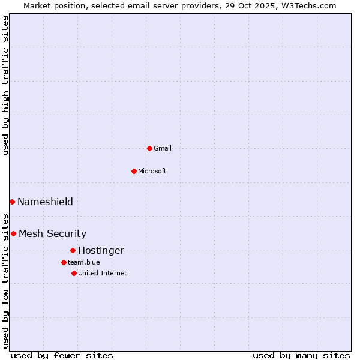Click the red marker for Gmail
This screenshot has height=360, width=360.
[149, 148]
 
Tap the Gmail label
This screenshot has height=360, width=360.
[163, 149]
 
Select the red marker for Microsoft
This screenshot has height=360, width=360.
[134, 171]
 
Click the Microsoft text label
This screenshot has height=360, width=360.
[152, 172]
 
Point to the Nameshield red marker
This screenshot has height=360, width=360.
[12, 202]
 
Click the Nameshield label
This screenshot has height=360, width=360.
[45, 202]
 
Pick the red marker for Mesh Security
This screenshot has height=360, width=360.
[13, 233]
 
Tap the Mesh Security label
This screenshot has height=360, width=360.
[52, 234]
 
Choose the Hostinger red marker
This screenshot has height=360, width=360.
[73, 250]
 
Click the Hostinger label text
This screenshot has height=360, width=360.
[101, 251]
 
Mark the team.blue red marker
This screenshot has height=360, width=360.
[64, 262]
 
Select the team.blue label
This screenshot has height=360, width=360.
[83, 263]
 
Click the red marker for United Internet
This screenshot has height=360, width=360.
[74, 273]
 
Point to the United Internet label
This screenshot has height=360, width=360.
[102, 274]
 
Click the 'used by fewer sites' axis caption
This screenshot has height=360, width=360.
[62, 355]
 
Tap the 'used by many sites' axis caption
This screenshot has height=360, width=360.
[301, 355]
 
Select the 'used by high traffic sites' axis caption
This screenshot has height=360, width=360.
[5, 85]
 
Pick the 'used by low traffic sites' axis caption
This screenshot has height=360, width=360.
[5, 280]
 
